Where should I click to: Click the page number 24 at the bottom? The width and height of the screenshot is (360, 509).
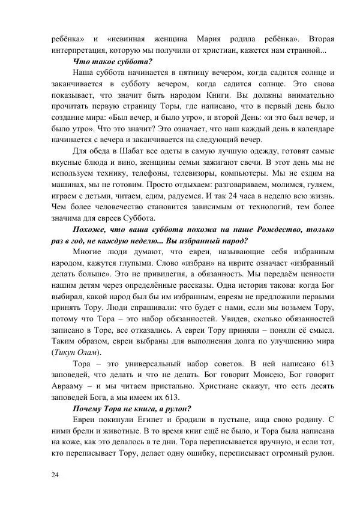[x=55, y=474]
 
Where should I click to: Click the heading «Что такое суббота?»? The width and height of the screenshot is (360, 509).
[x=112, y=61]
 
